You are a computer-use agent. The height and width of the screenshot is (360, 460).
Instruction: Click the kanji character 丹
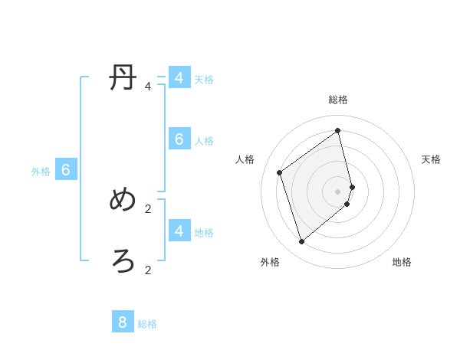(123, 79)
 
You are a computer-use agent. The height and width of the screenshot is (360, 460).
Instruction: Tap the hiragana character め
(123, 200)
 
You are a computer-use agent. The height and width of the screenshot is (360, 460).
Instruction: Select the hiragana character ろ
(123, 262)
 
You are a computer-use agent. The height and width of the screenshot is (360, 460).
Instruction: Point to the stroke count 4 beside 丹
(148, 87)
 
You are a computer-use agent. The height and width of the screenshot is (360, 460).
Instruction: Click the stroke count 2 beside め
(148, 208)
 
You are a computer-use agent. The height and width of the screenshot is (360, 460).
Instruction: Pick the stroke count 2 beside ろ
(148, 270)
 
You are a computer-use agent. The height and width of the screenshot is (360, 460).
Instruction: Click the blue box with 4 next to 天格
(179, 78)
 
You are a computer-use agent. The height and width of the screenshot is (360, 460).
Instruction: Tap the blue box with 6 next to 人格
(179, 139)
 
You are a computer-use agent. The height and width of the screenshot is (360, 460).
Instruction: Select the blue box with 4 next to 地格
(179, 231)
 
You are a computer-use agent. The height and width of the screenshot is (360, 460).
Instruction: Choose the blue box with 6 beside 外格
(66, 170)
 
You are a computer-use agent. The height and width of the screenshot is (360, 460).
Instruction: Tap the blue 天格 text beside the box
(204, 79)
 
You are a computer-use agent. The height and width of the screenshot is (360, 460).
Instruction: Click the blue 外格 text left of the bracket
(41, 172)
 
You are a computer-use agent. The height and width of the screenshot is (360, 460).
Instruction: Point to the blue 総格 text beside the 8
(147, 324)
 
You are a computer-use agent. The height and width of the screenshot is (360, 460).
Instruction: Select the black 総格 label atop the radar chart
(338, 100)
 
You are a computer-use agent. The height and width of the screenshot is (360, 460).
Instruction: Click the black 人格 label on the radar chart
(245, 159)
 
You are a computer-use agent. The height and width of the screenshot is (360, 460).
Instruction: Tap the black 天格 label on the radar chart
(431, 159)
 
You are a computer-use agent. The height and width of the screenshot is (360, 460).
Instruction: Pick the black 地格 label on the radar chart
(402, 262)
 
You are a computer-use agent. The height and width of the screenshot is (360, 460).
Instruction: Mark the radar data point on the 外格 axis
(301, 242)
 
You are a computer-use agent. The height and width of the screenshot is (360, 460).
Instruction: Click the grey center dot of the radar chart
(338, 191)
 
